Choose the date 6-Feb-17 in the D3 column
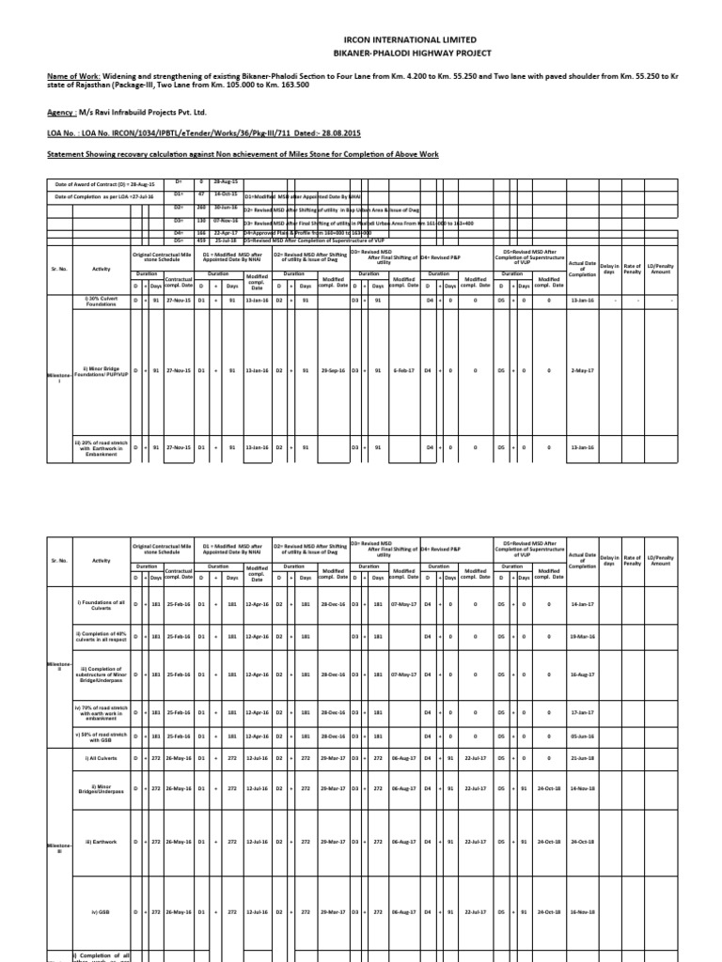[x=405, y=370]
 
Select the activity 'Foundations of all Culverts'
[x=98, y=616]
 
